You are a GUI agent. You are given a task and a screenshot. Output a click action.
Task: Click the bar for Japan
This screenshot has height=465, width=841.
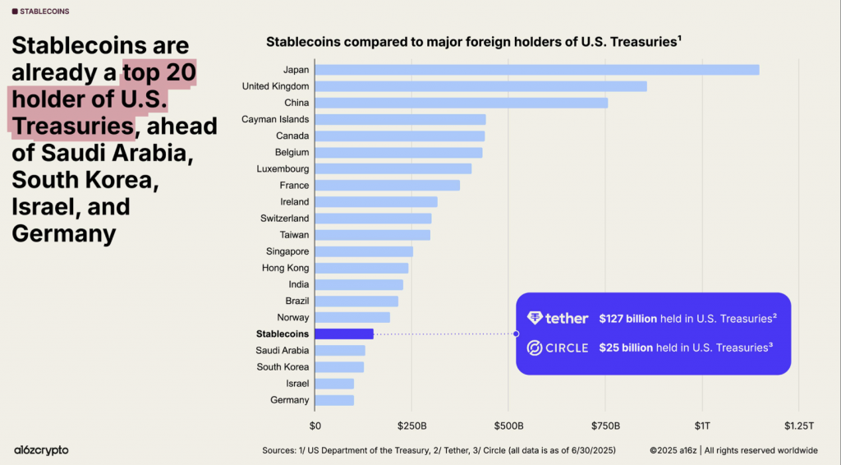click(536, 70)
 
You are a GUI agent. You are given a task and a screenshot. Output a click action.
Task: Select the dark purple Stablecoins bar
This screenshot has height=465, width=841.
click(343, 334)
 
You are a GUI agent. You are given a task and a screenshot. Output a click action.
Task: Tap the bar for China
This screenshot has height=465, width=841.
click(461, 103)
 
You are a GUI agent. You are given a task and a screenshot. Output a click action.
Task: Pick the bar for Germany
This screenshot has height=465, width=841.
click(334, 400)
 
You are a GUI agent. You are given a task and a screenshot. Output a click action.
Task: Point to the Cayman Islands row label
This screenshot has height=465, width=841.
click(275, 119)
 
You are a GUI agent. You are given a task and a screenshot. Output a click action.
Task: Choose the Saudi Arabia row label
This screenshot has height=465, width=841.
click(283, 351)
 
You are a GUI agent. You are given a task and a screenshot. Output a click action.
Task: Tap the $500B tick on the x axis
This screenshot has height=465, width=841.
click(508, 426)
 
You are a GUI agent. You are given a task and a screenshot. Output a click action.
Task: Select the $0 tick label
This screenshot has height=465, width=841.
click(315, 426)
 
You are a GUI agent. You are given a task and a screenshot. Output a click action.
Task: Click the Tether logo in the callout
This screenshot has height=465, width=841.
click(558, 318)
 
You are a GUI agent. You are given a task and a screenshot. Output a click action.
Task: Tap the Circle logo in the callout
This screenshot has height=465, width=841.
click(558, 348)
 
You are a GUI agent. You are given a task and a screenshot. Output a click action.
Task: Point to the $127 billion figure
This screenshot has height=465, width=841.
click(630, 318)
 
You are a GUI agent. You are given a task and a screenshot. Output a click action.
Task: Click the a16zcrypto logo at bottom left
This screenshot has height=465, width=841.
click(41, 450)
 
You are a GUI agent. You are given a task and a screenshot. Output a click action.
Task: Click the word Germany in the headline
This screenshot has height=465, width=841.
click(63, 233)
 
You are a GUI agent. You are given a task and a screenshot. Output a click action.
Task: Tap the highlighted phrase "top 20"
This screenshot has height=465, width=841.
click(159, 72)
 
